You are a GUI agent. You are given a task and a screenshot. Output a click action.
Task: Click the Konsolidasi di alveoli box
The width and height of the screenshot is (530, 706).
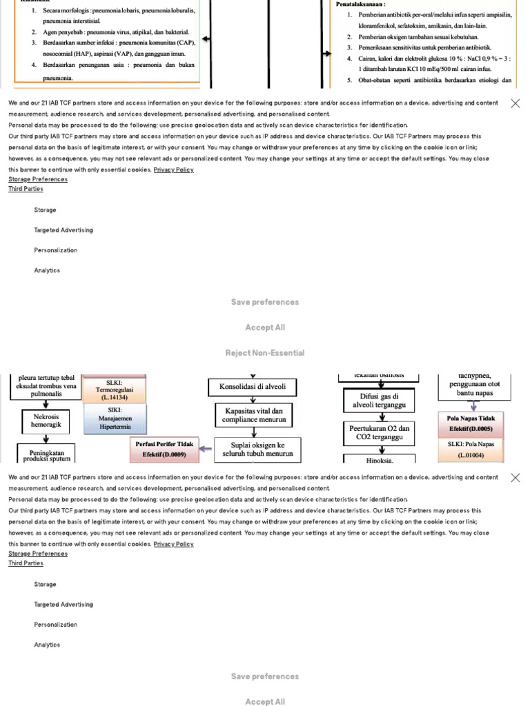coord(252,387)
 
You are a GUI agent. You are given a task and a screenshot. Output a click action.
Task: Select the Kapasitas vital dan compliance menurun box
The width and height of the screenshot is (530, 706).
coord(252,414)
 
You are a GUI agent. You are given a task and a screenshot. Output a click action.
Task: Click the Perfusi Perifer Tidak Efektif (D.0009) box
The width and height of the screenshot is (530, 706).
coord(164,449)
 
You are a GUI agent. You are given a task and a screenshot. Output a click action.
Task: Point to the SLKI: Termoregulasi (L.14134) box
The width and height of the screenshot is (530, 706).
coord(114,390)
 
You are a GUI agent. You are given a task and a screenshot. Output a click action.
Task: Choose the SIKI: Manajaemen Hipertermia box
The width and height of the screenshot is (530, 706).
coord(115,418)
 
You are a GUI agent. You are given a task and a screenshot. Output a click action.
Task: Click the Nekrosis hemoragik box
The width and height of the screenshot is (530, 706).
coord(46,421)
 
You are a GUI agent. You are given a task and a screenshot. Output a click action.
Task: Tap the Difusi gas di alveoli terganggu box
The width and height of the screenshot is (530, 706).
coord(379,401)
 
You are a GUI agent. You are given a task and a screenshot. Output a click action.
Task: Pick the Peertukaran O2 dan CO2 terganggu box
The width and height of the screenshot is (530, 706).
coord(379,432)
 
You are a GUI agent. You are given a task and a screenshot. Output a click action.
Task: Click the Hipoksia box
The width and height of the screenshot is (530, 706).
coord(379,459)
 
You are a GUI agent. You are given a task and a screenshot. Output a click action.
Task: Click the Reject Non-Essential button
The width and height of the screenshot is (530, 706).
coord(265,353)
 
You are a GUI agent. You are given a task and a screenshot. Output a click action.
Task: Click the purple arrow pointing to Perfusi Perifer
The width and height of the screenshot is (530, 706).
coord(206,449)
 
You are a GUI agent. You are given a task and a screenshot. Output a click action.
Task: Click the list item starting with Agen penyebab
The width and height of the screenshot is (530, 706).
coord(110,32)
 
